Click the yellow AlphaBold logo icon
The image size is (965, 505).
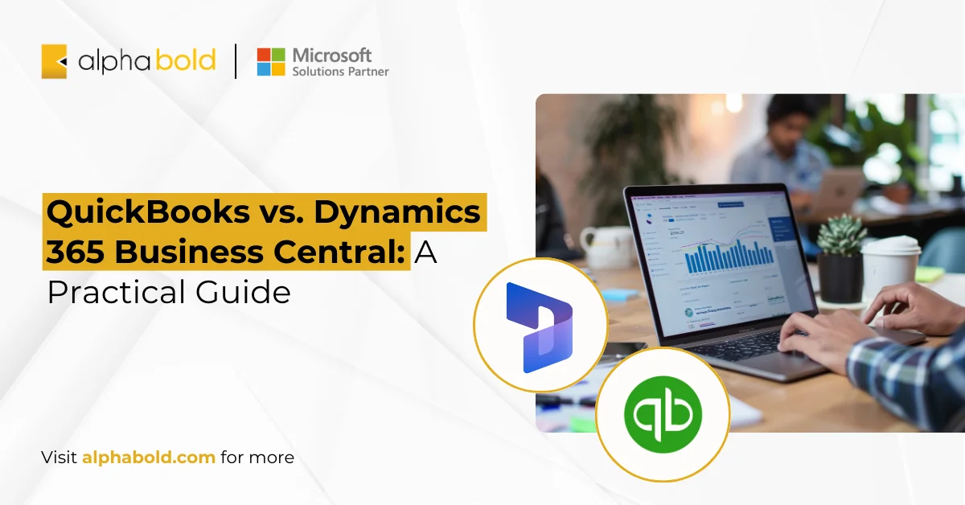pos(54,62)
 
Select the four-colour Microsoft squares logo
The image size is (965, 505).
pos(271,62)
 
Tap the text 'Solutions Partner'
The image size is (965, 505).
pos(340,72)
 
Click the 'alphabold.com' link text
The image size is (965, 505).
pos(148,458)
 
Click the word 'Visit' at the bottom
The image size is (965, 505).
pos(60,458)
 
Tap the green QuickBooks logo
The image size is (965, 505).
pos(663,414)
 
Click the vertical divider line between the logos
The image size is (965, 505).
pos(236,62)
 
